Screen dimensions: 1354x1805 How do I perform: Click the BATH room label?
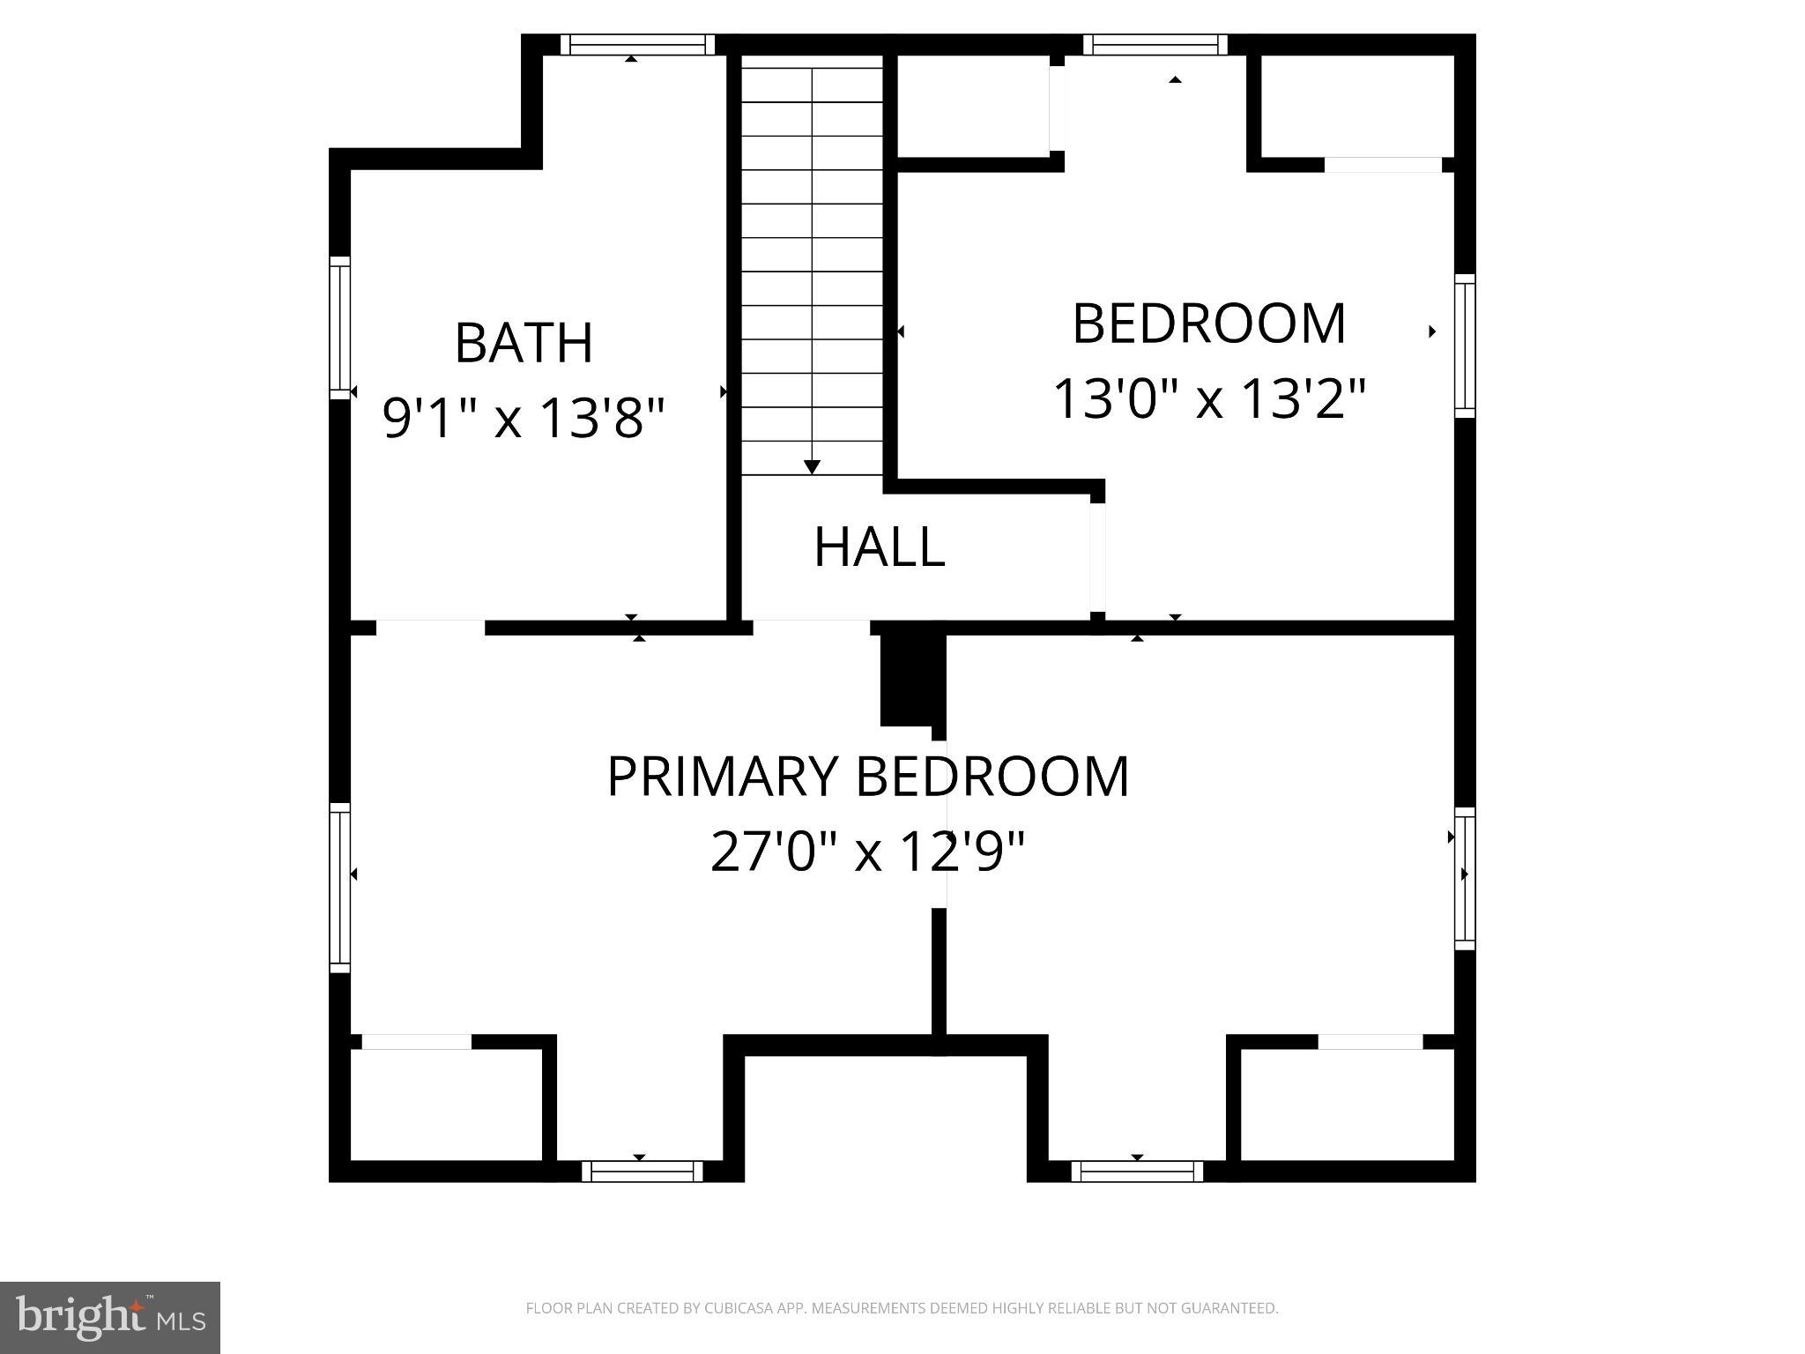[x=524, y=343]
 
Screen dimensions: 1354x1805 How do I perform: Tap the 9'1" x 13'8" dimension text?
[x=524, y=417]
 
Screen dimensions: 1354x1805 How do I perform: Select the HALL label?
[x=879, y=547]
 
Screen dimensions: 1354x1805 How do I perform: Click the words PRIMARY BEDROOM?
[x=867, y=777]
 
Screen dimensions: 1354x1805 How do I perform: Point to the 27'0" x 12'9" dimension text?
[x=867, y=852]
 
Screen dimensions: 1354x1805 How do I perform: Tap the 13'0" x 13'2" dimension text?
[x=1209, y=398]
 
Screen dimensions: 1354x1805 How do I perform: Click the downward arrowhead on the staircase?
[x=813, y=467]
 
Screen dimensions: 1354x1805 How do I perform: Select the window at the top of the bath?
[x=637, y=44]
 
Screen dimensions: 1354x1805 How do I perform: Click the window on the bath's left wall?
[x=339, y=327]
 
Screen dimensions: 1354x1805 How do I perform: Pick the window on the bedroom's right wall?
[x=1464, y=346]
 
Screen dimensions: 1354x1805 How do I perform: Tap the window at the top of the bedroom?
[x=1155, y=44]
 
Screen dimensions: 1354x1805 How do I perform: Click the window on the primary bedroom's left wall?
[x=339, y=887]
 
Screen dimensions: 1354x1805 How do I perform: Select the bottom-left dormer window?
[x=642, y=1171]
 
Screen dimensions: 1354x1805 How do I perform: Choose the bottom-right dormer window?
[x=1137, y=1171]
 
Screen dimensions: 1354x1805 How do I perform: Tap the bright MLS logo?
[x=109, y=1317]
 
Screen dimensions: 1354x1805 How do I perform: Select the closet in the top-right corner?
[x=1356, y=106]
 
